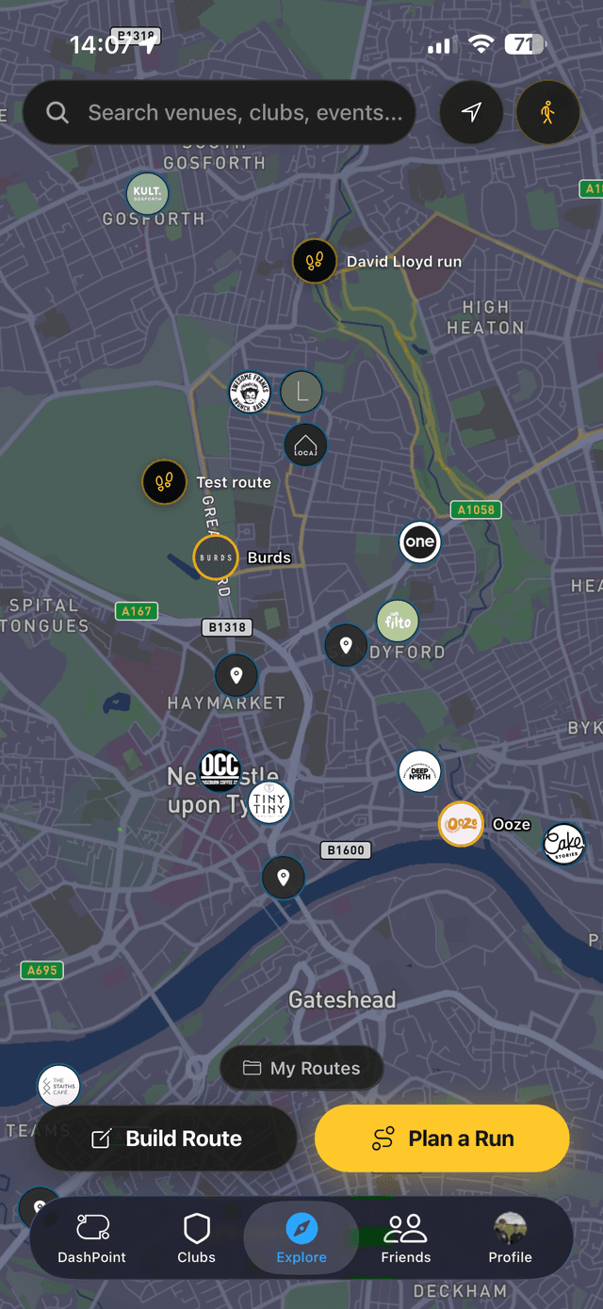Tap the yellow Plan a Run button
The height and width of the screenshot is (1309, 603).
click(x=442, y=1139)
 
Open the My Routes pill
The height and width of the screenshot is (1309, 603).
click(x=301, y=1068)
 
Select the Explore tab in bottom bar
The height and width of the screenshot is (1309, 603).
click(x=301, y=1238)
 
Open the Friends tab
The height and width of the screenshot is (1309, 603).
click(x=406, y=1238)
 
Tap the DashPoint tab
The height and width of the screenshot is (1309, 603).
click(x=92, y=1238)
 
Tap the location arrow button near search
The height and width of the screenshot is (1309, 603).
click(x=471, y=113)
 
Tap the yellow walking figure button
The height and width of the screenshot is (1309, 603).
click(x=547, y=113)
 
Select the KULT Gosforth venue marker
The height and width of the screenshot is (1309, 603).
click(x=147, y=194)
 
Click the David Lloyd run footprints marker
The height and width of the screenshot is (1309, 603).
click(x=315, y=261)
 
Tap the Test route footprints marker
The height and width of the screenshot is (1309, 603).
click(x=164, y=482)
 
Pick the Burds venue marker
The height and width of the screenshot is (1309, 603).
click(x=216, y=558)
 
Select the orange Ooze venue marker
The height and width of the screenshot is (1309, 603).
click(x=462, y=824)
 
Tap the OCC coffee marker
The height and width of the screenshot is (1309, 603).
click(x=220, y=767)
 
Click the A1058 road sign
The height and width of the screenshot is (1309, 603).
click(x=476, y=509)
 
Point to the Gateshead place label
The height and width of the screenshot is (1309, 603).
click(x=342, y=999)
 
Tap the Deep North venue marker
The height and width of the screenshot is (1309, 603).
click(x=419, y=772)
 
